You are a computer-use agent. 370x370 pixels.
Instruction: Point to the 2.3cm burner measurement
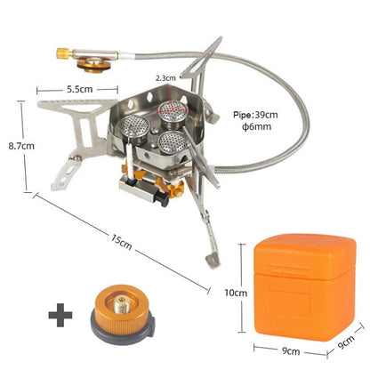[x=165, y=78]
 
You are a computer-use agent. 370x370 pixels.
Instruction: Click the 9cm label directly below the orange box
[x=290, y=351]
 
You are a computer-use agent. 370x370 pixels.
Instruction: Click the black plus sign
[x=60, y=313]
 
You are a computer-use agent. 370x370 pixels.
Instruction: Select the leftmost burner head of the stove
[x=133, y=124]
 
